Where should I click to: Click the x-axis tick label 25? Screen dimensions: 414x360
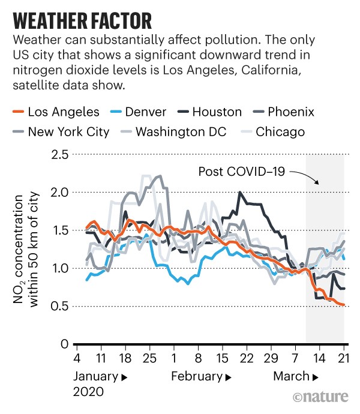pos(149,358)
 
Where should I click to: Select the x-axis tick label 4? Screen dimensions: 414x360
pos(77,358)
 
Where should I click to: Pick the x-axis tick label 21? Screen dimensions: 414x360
pos(344,358)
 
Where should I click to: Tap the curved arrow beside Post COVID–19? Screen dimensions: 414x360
pos(308,178)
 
